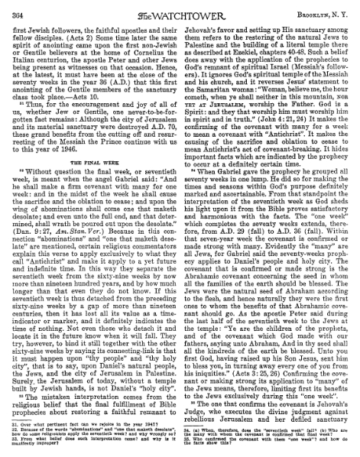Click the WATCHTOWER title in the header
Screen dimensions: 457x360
click(180, 9)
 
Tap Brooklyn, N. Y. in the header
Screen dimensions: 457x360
click(322, 9)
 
